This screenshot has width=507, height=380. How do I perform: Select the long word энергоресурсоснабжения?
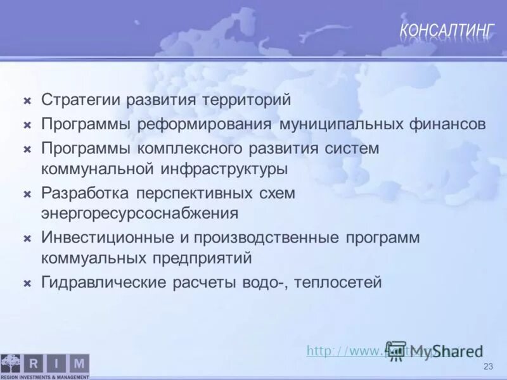(x=140, y=213)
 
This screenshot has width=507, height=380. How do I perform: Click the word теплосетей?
(x=337, y=282)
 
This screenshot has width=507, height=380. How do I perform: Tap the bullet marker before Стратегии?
(x=27, y=101)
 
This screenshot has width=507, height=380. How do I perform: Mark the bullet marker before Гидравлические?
(x=27, y=282)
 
